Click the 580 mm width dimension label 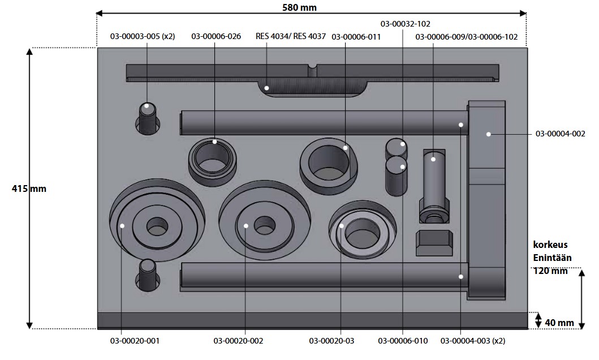point(299,7)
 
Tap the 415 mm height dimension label point(29,188)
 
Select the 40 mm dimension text point(559,323)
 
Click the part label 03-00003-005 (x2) point(143,37)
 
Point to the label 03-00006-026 point(216,37)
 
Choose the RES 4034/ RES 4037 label point(291,37)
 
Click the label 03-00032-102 point(406,24)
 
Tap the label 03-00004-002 point(561,134)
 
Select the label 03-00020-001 point(135,341)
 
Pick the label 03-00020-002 point(238,341)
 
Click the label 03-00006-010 point(403,341)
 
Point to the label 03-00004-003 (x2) point(473,341)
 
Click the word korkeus point(550,245)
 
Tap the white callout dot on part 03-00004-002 point(489,134)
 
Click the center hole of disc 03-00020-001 point(157,226)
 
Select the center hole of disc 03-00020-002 point(264,225)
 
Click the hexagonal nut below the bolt point(434,243)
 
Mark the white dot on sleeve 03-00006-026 point(215,142)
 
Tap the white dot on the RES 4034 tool point(266,88)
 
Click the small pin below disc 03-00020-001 point(148,275)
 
